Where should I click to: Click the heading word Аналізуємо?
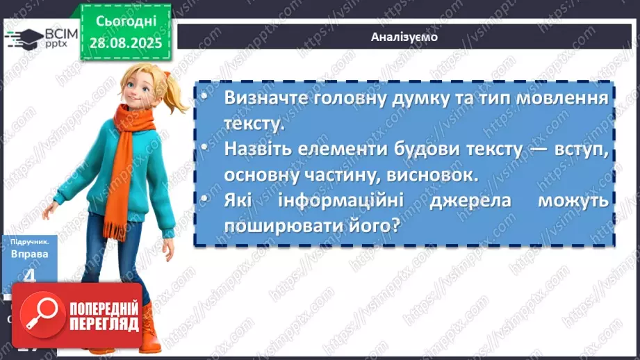tap(404, 37)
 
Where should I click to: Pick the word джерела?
tap(453, 202)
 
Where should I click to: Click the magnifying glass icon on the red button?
tap(40, 316)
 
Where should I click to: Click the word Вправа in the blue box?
tap(29, 255)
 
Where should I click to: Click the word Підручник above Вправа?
tap(29, 242)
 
